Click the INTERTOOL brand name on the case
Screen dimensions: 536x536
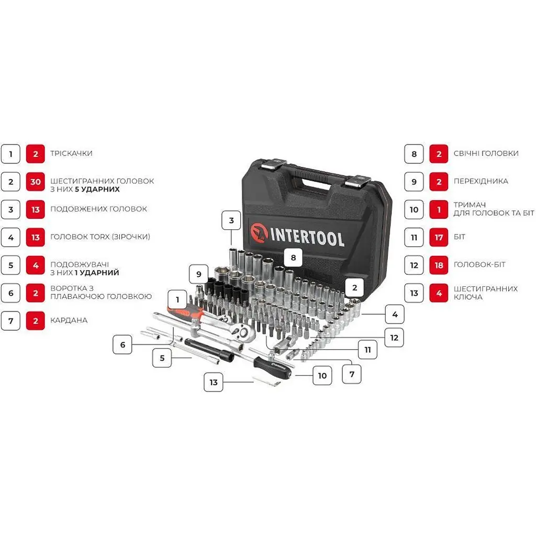pyautogui.click(x=307, y=236)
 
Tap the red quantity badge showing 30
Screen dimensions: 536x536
pyautogui.click(x=36, y=182)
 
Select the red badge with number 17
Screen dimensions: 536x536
pyautogui.click(x=439, y=237)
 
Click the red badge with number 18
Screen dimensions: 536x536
pyautogui.click(x=439, y=265)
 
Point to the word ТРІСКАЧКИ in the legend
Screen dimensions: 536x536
pyautogui.click(x=71, y=153)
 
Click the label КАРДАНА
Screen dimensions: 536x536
pyautogui.click(x=69, y=320)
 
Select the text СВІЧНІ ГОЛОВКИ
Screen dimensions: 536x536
pyautogui.click(x=486, y=153)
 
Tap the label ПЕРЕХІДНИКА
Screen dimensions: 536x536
pyautogui.click(x=481, y=181)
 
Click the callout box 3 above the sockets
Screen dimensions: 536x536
pyautogui.click(x=231, y=220)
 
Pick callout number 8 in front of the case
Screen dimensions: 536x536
pyautogui.click(x=293, y=258)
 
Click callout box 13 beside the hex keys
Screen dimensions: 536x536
pyautogui.click(x=214, y=382)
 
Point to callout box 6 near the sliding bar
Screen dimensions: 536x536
pyautogui.click(x=122, y=344)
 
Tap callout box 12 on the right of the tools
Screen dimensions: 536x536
pyautogui.click(x=394, y=338)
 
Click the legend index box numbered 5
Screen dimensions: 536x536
pyautogui.click(x=10, y=265)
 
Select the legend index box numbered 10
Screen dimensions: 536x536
pyautogui.click(x=414, y=209)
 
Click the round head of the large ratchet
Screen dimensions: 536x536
pyautogui.click(x=243, y=331)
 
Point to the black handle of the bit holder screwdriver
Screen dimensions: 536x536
pyautogui.click(x=272, y=367)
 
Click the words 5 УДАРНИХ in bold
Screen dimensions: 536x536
pyautogui.click(x=97, y=189)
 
